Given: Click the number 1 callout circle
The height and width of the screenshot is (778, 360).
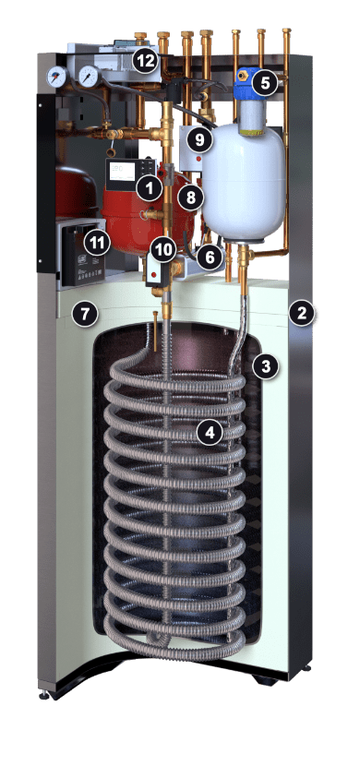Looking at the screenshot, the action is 150,188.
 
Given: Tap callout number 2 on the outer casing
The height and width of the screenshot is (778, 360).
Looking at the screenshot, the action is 303,313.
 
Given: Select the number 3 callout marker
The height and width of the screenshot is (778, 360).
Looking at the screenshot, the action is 266,366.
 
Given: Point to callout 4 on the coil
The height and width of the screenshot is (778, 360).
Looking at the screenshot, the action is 210,433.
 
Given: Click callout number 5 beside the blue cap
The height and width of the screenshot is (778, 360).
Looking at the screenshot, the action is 265,83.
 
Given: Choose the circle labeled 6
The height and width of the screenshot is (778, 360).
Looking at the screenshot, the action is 210,257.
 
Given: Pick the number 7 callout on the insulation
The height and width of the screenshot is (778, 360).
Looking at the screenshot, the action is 84,314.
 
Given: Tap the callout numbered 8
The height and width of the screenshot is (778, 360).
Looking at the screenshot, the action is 191,197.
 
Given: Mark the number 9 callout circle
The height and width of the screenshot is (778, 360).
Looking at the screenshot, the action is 199,140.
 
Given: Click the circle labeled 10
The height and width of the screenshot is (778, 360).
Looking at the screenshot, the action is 164,249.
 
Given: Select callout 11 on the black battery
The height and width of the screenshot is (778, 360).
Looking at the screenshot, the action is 97,243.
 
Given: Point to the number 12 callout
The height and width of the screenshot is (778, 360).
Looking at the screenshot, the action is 146,62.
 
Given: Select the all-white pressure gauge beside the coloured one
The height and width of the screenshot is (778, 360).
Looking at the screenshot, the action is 89,77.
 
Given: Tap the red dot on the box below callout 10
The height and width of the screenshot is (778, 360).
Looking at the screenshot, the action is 153,274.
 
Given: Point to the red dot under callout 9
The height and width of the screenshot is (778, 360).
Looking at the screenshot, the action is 198,160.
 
